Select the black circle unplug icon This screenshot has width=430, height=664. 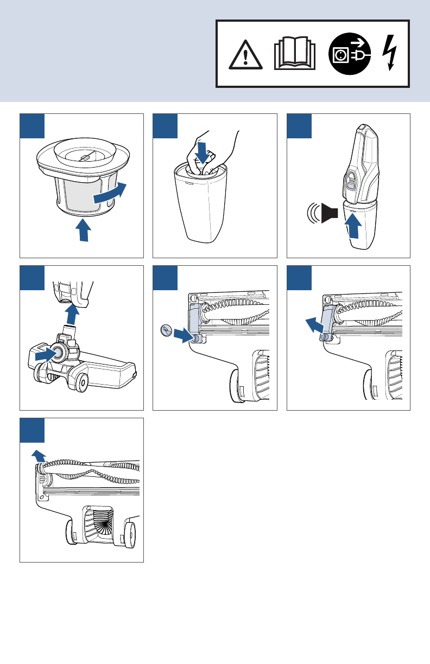(x=350, y=54)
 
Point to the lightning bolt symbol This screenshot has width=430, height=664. (x=390, y=53)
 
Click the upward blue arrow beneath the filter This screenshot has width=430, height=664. (x=82, y=229)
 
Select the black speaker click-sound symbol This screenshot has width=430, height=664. (x=329, y=212)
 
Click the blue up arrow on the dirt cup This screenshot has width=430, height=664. (x=353, y=226)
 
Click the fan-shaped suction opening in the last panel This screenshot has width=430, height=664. (x=98, y=523)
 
